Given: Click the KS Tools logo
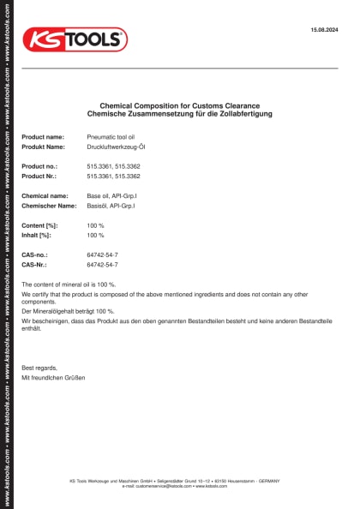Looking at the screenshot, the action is (x=75, y=39).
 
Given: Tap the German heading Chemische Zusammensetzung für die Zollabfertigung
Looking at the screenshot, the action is (x=179, y=114).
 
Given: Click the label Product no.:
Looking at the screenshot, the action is (x=39, y=166).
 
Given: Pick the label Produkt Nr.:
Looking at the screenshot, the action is (x=39, y=176).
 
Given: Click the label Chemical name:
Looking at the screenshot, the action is (x=45, y=196).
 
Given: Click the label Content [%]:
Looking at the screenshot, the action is (x=39, y=225).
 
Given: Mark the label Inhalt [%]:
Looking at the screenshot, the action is (x=37, y=235).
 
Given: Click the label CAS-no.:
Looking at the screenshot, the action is (x=35, y=255).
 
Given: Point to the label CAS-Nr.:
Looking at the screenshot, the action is (x=34, y=265).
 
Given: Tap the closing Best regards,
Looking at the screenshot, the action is (x=37, y=368).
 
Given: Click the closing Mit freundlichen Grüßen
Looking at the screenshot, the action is (x=53, y=377).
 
